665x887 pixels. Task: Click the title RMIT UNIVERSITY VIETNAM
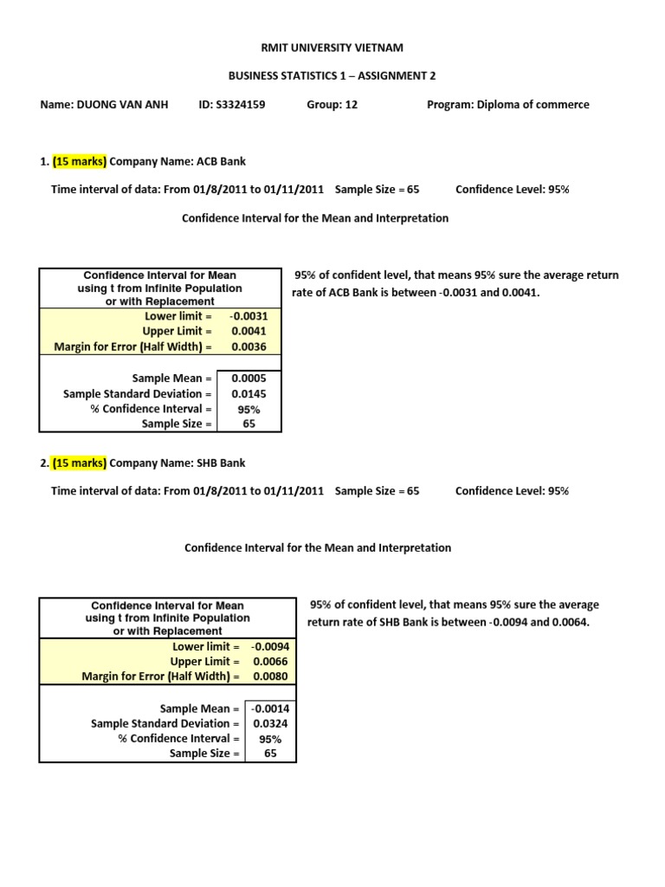click(332, 48)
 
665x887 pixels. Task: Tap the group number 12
click(350, 105)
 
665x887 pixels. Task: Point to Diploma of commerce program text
click(533, 105)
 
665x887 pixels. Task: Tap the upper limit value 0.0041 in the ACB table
click(249, 331)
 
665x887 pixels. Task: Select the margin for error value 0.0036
click(249, 346)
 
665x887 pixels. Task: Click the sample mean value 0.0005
click(249, 379)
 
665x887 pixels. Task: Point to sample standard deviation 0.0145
click(249, 394)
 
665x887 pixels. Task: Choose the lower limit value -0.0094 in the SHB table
click(269, 646)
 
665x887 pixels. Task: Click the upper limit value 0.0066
click(270, 662)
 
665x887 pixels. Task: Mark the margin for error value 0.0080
click(270, 677)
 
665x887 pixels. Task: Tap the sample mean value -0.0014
click(269, 709)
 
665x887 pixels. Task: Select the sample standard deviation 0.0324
click(270, 723)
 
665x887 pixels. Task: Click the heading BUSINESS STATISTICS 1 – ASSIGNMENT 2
click(332, 76)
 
